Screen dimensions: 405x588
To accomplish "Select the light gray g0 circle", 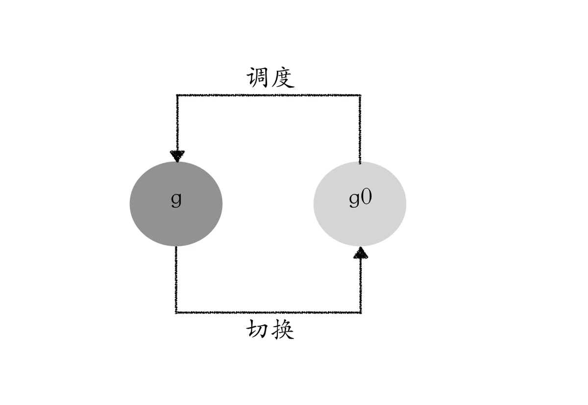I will point(360,215).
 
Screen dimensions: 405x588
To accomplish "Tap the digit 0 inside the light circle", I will point(367,198).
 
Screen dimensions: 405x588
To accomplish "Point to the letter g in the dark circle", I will point(176,200).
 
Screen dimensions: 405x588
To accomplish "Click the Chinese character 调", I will point(258,77).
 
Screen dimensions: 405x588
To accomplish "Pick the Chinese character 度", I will point(282,77).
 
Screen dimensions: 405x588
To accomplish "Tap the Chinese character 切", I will point(258,331).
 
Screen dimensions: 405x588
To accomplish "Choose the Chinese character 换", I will point(282,331).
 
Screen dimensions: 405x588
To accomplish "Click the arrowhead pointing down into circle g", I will point(177,156).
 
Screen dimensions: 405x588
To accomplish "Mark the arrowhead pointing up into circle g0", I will point(361,253).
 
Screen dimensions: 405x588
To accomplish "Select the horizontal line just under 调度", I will point(269,95).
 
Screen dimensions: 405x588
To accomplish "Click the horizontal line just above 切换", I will point(269,312).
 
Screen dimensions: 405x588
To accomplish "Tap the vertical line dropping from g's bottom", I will point(176,279).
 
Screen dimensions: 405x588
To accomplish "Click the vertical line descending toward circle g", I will point(177,122).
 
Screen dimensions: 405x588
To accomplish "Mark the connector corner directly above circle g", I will point(177,95).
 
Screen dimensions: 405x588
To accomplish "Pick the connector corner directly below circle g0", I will point(361,312).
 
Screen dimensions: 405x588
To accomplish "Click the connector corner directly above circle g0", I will point(361,95).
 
